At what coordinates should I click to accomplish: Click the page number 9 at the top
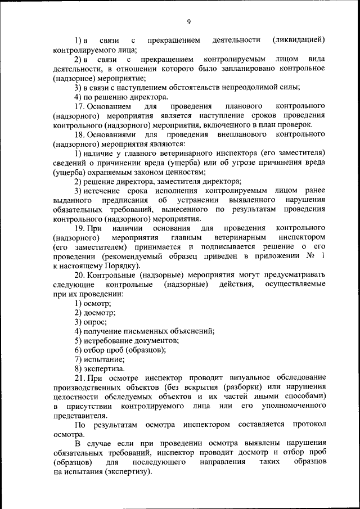coord(189,21)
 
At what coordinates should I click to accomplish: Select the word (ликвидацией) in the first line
coord(298,40)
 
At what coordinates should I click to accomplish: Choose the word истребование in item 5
coord(107,340)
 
